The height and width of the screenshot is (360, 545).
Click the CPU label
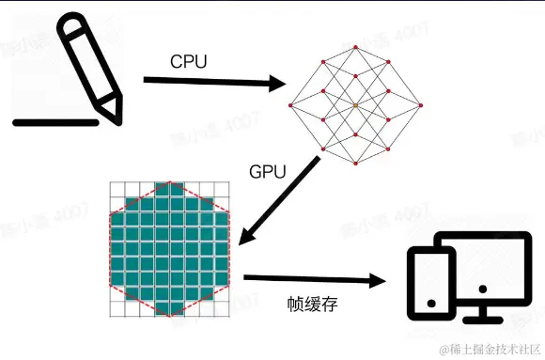(x=189, y=62)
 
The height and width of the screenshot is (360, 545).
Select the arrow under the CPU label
(x=214, y=84)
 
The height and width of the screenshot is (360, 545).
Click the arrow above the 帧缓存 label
(x=316, y=279)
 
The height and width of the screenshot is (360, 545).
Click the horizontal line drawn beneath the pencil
(x=55, y=121)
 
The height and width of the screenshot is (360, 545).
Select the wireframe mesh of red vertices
(x=355, y=105)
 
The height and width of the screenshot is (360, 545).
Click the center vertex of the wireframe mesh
(x=355, y=105)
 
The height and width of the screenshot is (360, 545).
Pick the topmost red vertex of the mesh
(x=355, y=43)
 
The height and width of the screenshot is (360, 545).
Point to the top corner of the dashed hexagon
(x=169, y=181)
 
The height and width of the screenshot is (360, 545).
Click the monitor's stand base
(x=485, y=320)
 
